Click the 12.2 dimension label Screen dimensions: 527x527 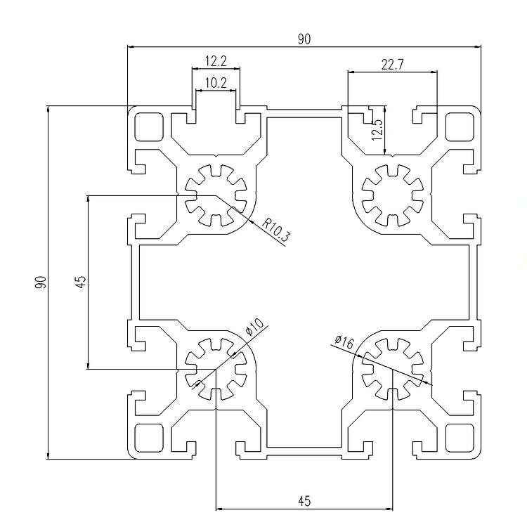[x=216, y=61]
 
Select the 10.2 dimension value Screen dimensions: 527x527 [x=216, y=83]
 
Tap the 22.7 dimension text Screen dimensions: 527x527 [x=393, y=64]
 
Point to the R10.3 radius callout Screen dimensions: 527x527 [x=275, y=230]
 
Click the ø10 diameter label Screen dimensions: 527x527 [x=254, y=327]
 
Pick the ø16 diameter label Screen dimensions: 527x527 [x=344, y=341]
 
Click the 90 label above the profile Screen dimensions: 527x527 [x=304, y=39]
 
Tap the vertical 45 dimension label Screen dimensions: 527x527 [x=81, y=282]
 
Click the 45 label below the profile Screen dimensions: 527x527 [x=304, y=501]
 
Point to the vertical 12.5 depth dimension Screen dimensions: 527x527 [x=377, y=130]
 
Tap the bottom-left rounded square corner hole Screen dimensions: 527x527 [x=148, y=438]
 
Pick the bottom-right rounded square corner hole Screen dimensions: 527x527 [x=460, y=438]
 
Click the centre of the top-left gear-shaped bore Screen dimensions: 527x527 [x=216, y=195]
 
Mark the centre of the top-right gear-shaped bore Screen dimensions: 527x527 [x=393, y=195]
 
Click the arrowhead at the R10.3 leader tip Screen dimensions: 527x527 [x=251, y=221]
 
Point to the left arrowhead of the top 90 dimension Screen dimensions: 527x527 [x=131, y=46]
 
